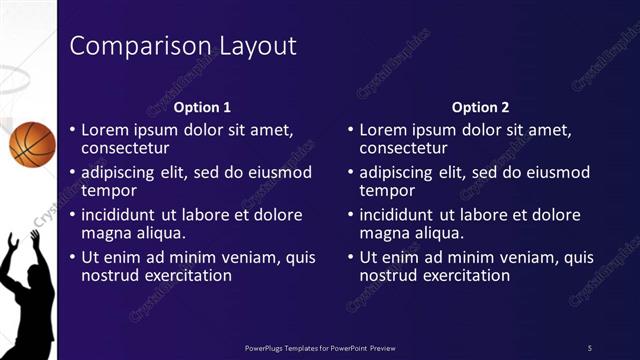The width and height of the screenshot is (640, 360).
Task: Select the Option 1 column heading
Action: pos(202,107)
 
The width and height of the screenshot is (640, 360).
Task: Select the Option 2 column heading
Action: pos(480,107)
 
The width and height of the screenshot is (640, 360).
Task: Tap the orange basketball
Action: pos(32,143)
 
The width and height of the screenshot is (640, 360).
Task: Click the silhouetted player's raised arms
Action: pos(22,245)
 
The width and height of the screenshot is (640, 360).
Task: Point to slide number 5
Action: pos(589,347)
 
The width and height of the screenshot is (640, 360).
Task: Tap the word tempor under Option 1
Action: pos(108,191)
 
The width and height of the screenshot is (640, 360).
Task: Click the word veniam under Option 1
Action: pos(251,257)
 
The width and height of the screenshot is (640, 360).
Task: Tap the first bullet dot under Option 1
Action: pos(71,130)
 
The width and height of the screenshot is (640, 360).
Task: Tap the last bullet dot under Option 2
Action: pos(349,257)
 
